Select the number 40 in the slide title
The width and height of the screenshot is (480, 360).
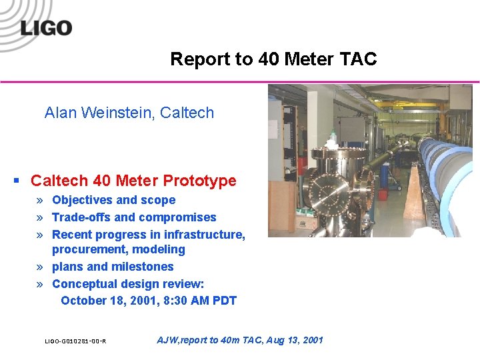coord(269,59)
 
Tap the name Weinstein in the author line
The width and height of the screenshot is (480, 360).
coord(119,113)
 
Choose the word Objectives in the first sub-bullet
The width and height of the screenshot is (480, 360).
coord(82,200)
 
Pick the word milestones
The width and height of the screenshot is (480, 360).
coord(143,267)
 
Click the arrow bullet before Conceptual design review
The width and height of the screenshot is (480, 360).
coord(41,284)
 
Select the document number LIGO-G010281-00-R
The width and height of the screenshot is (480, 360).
coord(75,341)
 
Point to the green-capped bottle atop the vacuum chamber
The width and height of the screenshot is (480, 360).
coord(332,139)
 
